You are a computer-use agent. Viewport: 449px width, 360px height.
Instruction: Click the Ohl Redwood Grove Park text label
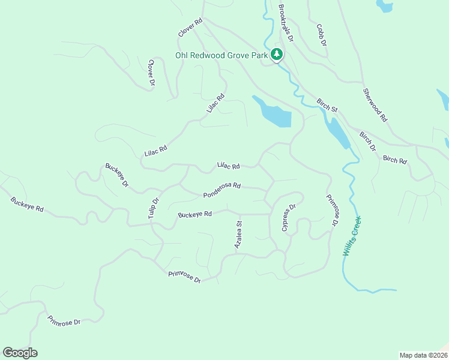(x=221, y=55)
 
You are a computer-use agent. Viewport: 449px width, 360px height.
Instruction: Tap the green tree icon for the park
(x=276, y=55)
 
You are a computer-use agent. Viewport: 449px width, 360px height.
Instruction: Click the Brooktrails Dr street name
(x=286, y=23)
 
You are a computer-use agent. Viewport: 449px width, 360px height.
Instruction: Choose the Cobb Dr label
(x=321, y=35)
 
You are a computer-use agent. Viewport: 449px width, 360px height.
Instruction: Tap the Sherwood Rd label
(x=375, y=106)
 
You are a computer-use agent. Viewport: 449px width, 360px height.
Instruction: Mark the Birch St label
(x=327, y=105)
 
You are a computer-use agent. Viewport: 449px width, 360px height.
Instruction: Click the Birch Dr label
(x=367, y=141)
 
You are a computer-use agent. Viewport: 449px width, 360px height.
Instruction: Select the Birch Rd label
(x=394, y=160)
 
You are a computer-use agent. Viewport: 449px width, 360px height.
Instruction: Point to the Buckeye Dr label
(x=117, y=175)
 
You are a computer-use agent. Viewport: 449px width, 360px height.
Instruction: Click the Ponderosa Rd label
(x=221, y=191)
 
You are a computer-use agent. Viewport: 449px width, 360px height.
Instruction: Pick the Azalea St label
(x=238, y=235)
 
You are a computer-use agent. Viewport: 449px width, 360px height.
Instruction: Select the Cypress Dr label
(x=289, y=217)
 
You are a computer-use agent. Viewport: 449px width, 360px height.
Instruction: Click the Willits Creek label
(x=353, y=236)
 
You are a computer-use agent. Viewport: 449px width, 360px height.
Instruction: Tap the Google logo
(x=20, y=353)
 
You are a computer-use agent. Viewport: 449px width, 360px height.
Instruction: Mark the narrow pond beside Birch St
(x=337, y=132)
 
